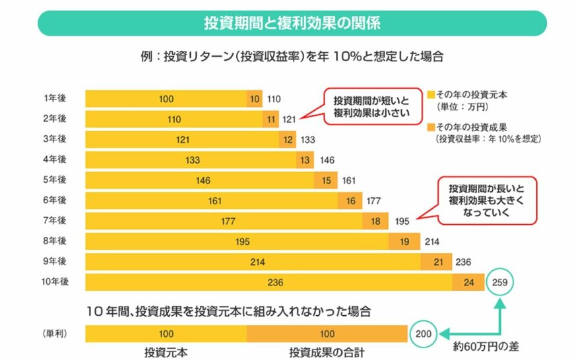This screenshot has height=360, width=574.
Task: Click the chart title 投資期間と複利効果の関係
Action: click(292, 23)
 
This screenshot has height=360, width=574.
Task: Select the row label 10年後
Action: click(56, 282)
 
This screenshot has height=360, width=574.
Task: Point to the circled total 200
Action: click(422, 334)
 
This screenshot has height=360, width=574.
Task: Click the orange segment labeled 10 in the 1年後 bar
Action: click(255, 99)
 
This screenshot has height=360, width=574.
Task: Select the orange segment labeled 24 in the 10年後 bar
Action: click(468, 283)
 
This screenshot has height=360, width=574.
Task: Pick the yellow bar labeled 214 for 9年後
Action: click(253, 262)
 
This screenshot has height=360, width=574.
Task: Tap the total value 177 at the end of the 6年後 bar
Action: click(373, 201)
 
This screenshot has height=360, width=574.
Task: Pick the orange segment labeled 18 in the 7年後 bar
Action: click(375, 222)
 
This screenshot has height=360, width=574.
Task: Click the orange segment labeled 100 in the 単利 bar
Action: click(327, 334)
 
